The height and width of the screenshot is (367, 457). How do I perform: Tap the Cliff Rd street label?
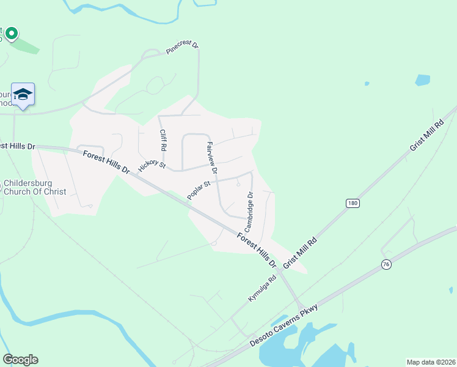[163, 141]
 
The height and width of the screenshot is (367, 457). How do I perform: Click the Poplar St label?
[199, 190]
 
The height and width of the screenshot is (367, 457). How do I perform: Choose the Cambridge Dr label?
[249, 211]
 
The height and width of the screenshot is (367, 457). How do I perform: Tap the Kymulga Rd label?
[262, 287]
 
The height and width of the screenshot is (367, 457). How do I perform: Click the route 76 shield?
[386, 264]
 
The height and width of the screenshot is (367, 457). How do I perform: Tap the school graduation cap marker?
[23, 94]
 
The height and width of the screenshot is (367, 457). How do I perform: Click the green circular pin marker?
[11, 34]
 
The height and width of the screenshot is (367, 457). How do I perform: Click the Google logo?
[20, 360]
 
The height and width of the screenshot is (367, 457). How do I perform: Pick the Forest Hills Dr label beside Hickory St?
[106, 161]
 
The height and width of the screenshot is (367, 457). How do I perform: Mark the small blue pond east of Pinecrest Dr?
[422, 80]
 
